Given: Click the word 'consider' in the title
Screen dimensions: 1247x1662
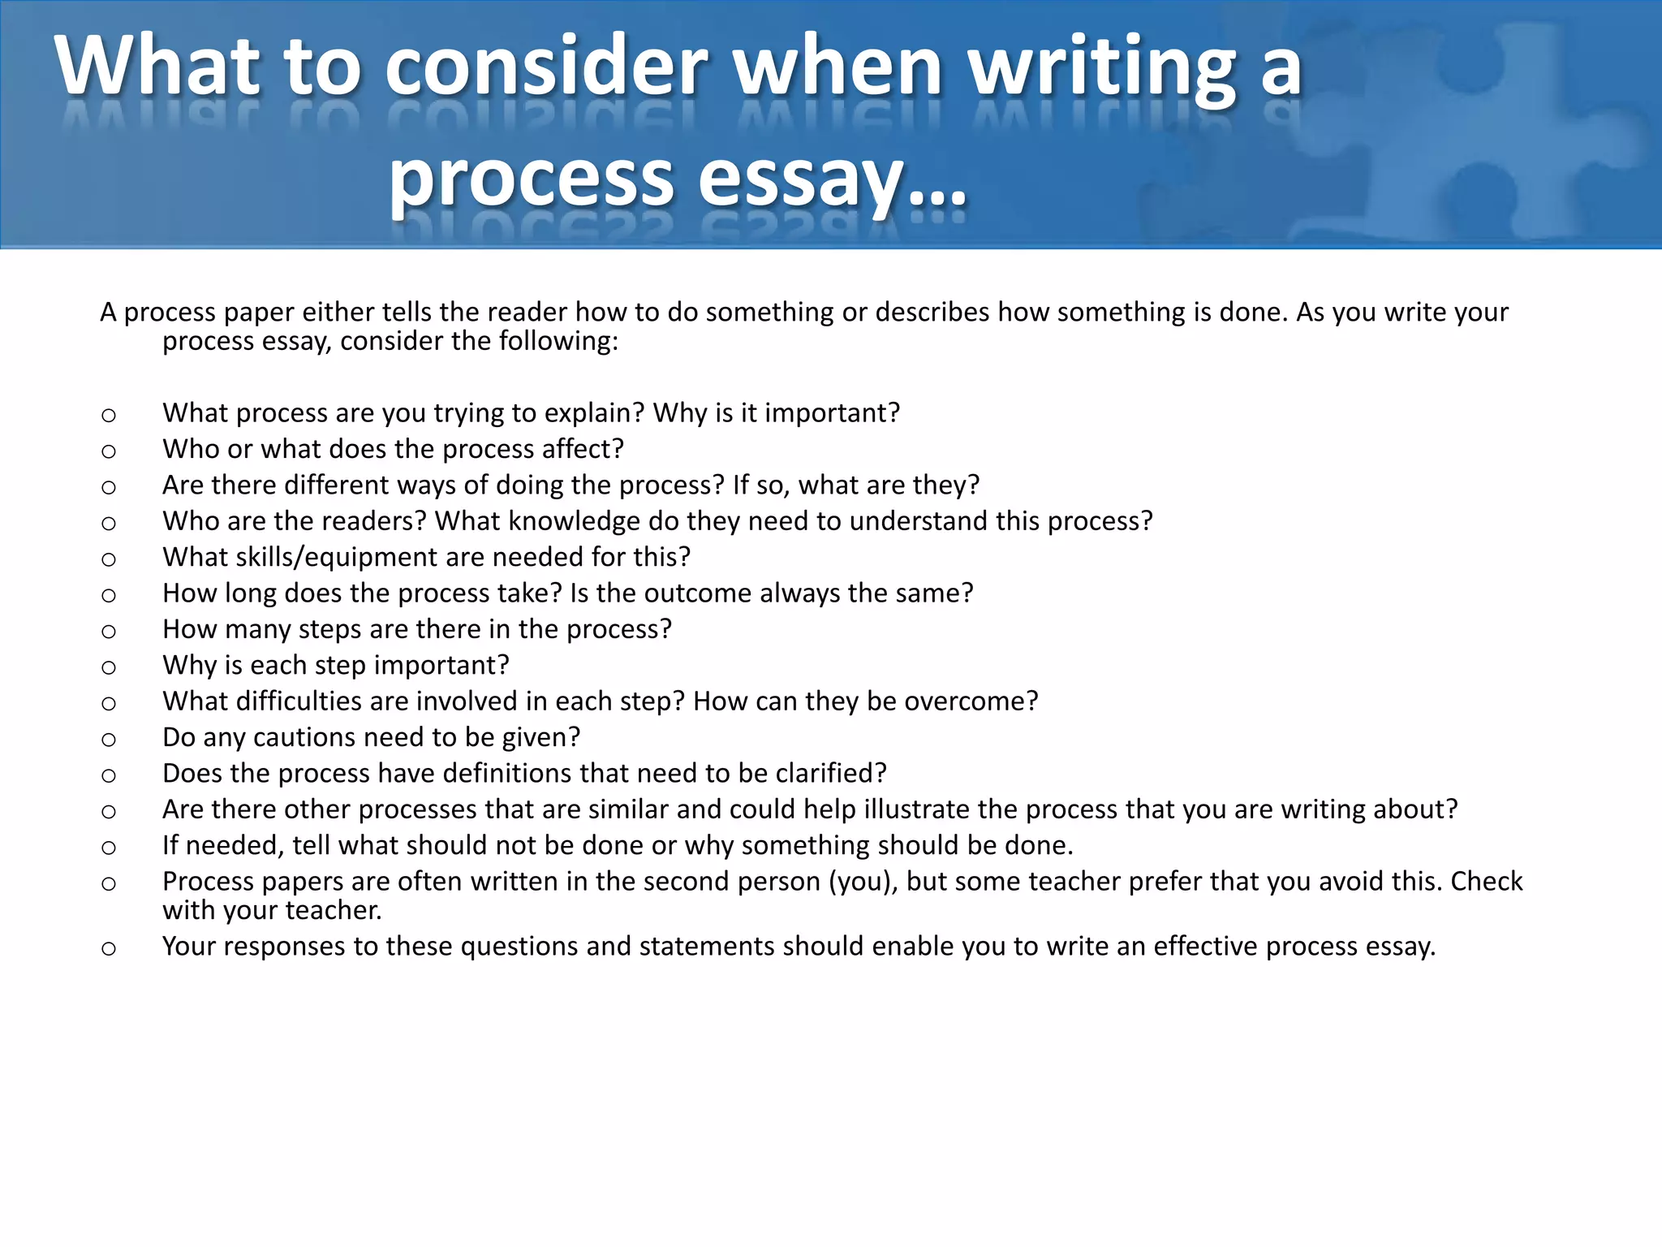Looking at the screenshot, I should click(545, 67).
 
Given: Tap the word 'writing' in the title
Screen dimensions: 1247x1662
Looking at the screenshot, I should click(1103, 67).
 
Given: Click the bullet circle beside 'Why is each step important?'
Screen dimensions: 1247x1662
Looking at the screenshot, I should click(109, 667).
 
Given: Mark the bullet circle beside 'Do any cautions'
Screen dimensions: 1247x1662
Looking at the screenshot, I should click(109, 740).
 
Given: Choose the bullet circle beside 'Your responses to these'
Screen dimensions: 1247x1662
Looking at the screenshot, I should click(109, 948).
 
